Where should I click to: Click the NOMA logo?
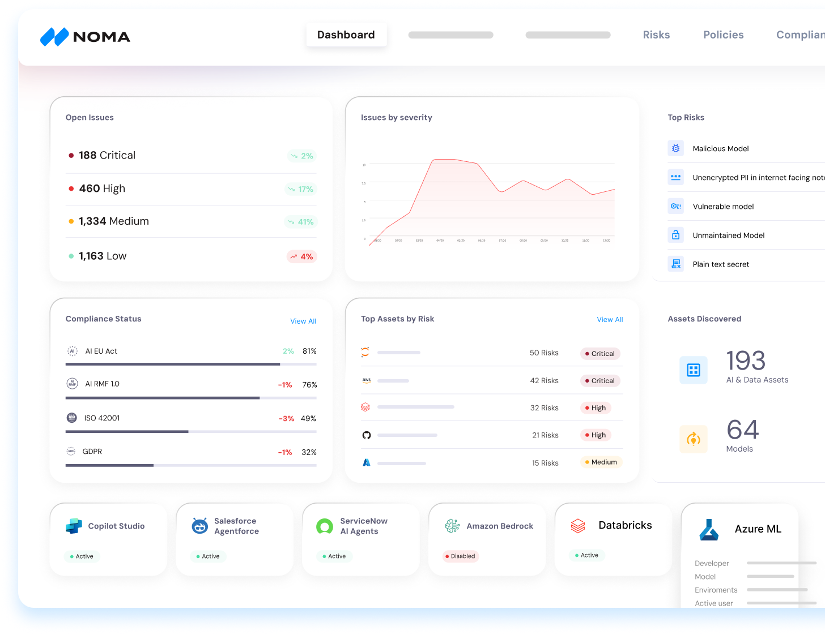pyautogui.click(x=86, y=37)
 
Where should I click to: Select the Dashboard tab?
pyautogui.click(x=346, y=35)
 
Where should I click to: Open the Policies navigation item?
pyautogui.click(x=723, y=35)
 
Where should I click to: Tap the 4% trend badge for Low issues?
pyautogui.click(x=301, y=257)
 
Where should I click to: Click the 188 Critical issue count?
pyautogui.click(x=107, y=156)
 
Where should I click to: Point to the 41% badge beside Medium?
pyautogui.click(x=301, y=222)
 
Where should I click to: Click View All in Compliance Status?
pyautogui.click(x=303, y=321)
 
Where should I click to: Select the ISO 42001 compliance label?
pyautogui.click(x=102, y=418)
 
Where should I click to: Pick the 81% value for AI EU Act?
pyautogui.click(x=309, y=351)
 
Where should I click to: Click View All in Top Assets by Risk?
pyautogui.click(x=610, y=320)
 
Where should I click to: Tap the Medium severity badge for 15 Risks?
pyautogui.click(x=601, y=462)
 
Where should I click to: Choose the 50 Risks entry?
pyautogui.click(x=544, y=353)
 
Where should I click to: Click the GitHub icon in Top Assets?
pyautogui.click(x=367, y=435)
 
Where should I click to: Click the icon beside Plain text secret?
pyautogui.click(x=675, y=264)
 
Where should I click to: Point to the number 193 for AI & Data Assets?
pyautogui.click(x=746, y=361)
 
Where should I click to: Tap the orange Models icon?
pyautogui.click(x=694, y=439)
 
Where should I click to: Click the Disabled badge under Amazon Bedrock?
pyautogui.click(x=461, y=556)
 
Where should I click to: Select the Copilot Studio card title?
pyautogui.click(x=116, y=526)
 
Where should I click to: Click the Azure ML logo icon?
pyautogui.click(x=709, y=530)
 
